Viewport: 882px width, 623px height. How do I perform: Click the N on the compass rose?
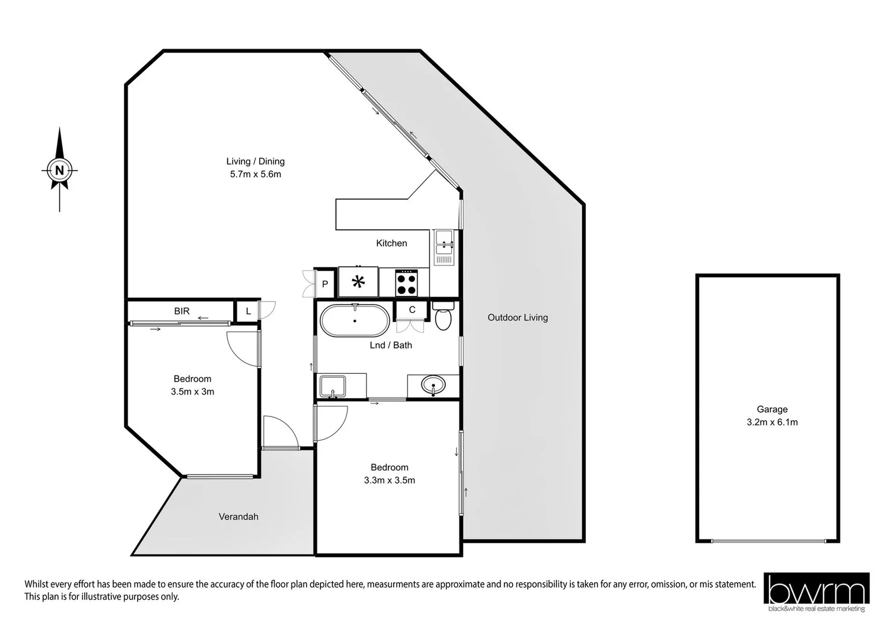pyautogui.click(x=59, y=170)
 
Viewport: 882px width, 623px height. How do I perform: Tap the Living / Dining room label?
pyautogui.click(x=255, y=162)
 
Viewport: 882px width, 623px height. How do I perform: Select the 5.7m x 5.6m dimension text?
pyautogui.click(x=255, y=174)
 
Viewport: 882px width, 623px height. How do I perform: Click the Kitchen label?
pyautogui.click(x=391, y=243)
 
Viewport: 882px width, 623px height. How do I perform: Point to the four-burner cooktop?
pyautogui.click(x=406, y=283)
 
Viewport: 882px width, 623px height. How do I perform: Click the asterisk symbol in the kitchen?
pyautogui.click(x=358, y=282)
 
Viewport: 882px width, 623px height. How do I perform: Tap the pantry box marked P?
pyautogui.click(x=325, y=284)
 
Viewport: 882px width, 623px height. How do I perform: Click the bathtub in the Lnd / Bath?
pyautogui.click(x=354, y=321)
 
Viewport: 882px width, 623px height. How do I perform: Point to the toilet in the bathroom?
pyautogui.click(x=443, y=317)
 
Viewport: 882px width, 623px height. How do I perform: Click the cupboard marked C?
pyautogui.click(x=412, y=310)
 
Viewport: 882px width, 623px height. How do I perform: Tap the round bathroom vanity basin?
pyautogui.click(x=433, y=384)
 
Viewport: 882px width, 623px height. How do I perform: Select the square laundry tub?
pyautogui.click(x=332, y=386)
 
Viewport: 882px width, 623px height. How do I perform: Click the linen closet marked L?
pyautogui.click(x=248, y=311)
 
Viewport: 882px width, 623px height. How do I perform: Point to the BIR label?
pyautogui.click(x=182, y=311)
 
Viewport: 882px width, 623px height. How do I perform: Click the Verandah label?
pyautogui.click(x=238, y=517)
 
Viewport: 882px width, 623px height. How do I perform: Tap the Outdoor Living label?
pyautogui.click(x=518, y=317)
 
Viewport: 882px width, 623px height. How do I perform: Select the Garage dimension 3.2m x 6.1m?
pyautogui.click(x=772, y=422)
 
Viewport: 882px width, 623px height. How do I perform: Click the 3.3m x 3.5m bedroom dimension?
pyautogui.click(x=389, y=480)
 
